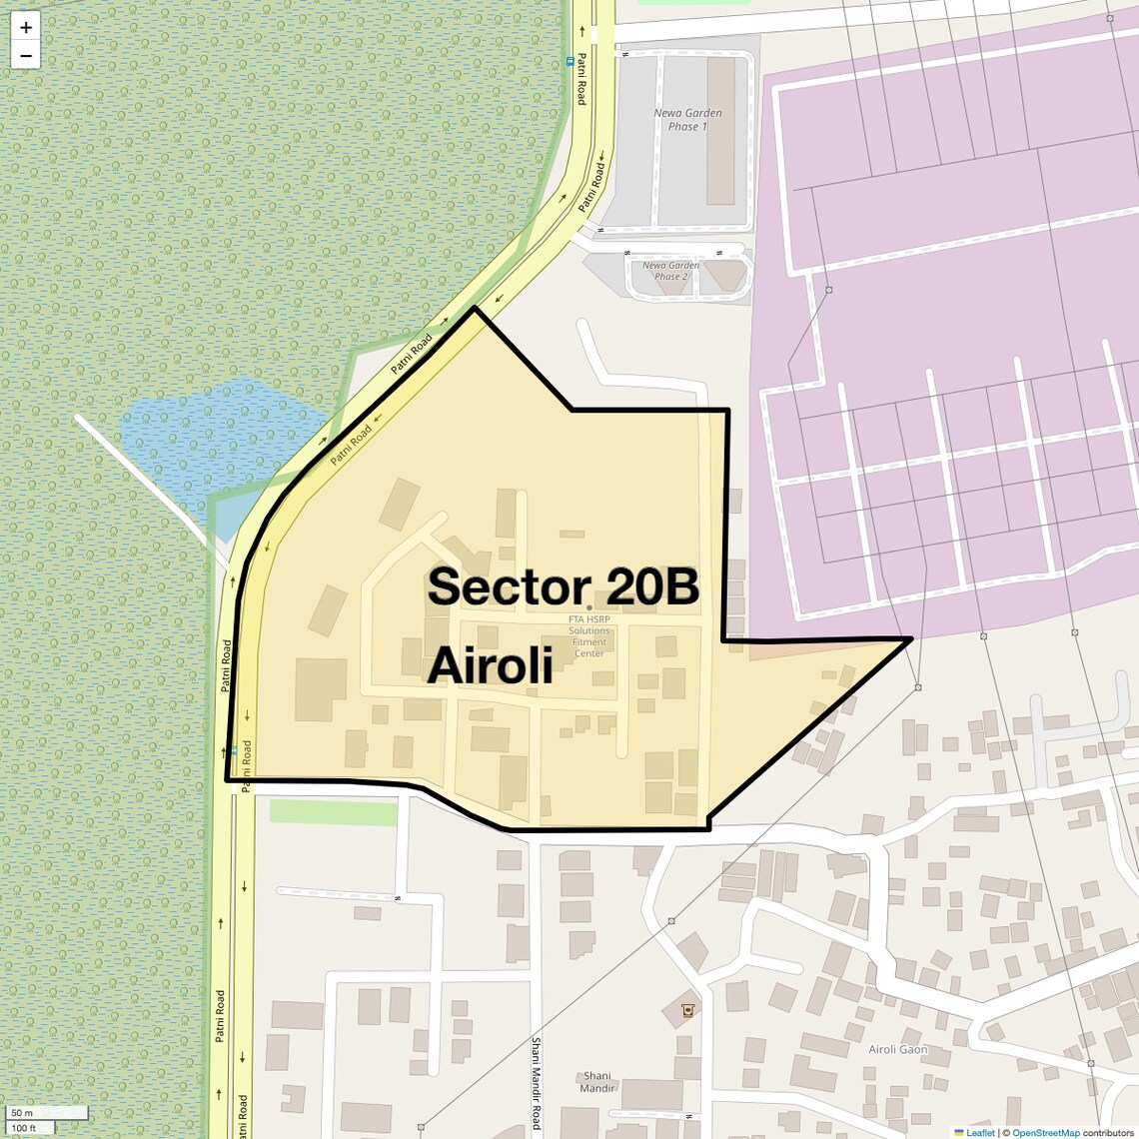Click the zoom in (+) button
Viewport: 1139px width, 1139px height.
click(26, 28)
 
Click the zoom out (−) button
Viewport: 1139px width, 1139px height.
click(26, 56)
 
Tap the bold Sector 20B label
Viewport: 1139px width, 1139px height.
click(563, 587)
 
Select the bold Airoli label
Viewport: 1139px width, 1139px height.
click(490, 666)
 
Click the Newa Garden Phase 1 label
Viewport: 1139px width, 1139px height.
click(687, 120)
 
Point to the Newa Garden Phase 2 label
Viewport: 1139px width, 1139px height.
click(670, 271)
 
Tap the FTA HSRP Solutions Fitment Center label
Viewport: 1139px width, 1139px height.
click(589, 635)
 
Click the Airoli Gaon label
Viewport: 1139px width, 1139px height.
click(897, 1049)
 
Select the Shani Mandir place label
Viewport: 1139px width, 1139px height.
click(596, 1082)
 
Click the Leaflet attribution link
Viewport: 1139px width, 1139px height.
click(979, 1132)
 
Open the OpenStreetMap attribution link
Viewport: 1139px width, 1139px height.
click(1045, 1132)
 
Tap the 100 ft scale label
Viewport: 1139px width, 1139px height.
click(24, 1128)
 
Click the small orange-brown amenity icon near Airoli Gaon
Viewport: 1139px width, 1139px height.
click(687, 1010)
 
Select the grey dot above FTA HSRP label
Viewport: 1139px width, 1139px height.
click(589, 607)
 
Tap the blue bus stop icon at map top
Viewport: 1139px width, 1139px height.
click(570, 61)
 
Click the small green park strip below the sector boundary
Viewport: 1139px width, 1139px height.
click(333, 812)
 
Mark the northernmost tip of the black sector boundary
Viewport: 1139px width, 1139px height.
click(475, 308)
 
